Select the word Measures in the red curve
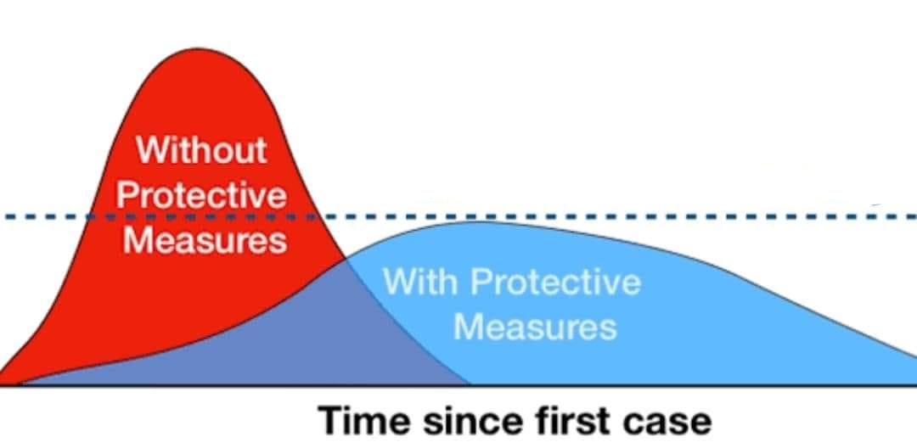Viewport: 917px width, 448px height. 205,239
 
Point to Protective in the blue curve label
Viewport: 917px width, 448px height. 555,282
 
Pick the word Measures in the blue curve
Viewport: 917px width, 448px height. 535,327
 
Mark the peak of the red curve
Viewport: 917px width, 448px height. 199,48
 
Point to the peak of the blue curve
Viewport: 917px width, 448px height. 480,222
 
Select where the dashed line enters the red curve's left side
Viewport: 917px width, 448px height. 87,217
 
